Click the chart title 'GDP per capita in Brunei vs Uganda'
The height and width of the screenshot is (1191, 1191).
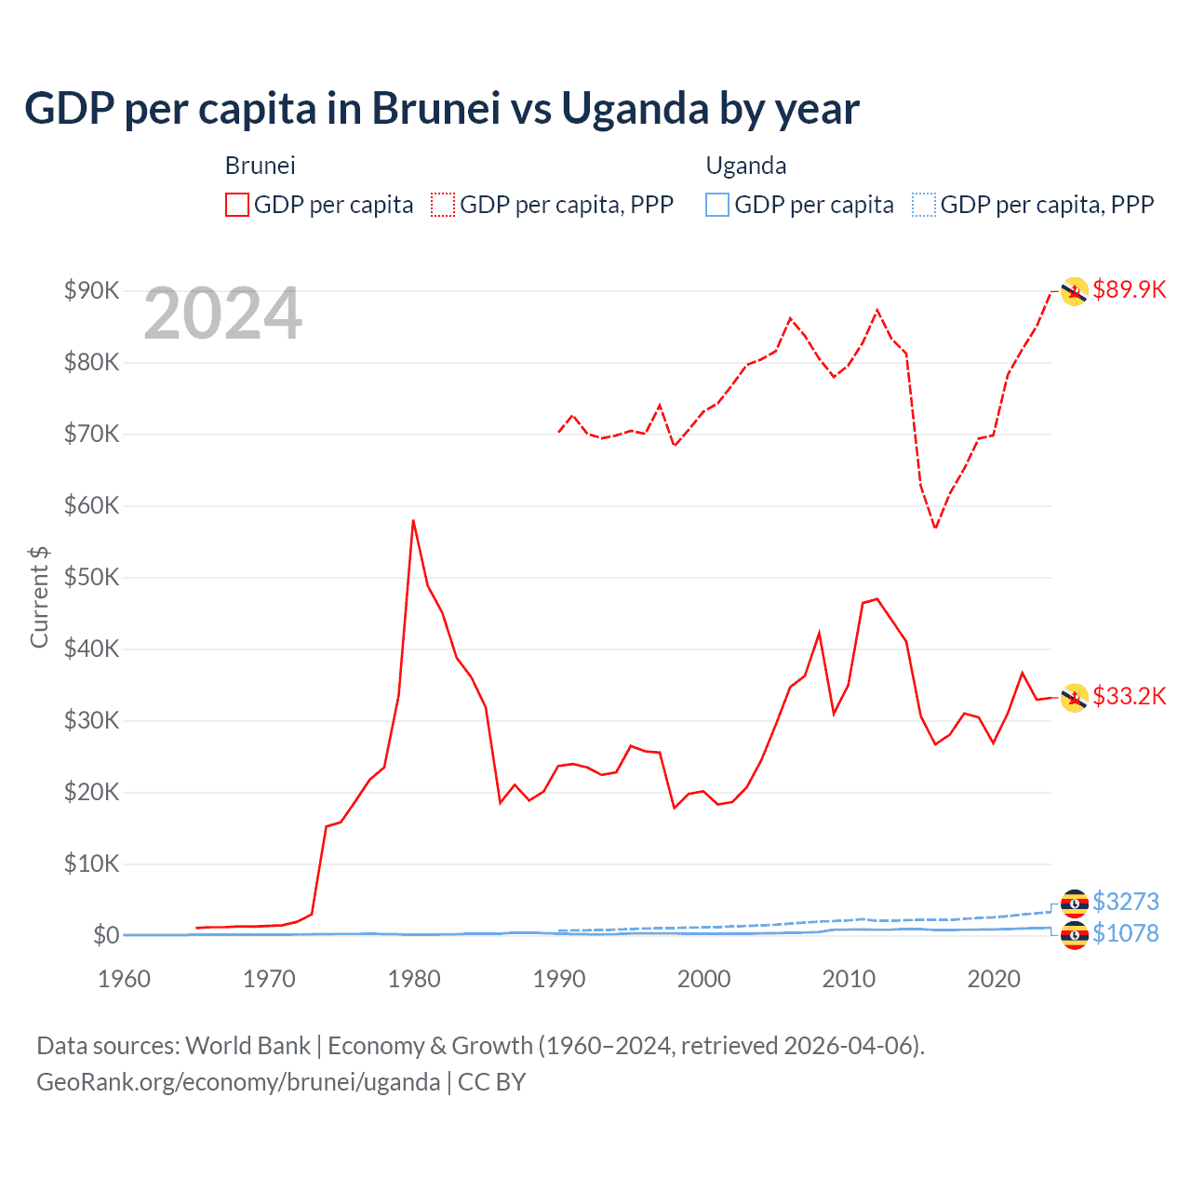[441, 109]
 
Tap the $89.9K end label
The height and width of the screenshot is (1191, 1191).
[1129, 289]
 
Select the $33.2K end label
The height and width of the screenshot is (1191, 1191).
[1129, 696]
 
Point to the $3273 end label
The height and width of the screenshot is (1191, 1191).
[1125, 902]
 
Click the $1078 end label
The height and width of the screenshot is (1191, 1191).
[1125, 933]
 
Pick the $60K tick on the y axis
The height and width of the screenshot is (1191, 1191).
[91, 506]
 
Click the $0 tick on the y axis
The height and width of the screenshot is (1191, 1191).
[105, 935]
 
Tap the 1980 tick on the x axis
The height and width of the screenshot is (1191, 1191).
[414, 979]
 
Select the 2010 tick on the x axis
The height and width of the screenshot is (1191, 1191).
[849, 979]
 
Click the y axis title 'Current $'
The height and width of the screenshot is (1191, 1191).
[39, 596]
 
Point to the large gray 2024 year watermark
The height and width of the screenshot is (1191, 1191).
[222, 314]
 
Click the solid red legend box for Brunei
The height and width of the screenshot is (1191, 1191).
[237, 205]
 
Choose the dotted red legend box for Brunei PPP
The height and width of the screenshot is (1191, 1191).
[443, 205]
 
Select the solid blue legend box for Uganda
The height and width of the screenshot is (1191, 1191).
[717, 205]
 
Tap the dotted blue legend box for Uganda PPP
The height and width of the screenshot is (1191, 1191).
[924, 205]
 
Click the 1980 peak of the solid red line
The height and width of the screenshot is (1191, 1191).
[413, 520]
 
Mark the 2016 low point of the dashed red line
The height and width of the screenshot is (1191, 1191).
[935, 529]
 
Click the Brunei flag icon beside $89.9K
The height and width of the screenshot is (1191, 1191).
[1075, 291]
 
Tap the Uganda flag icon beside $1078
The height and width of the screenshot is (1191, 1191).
[1075, 935]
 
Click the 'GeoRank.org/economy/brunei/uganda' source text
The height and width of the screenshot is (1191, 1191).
[238, 1082]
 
